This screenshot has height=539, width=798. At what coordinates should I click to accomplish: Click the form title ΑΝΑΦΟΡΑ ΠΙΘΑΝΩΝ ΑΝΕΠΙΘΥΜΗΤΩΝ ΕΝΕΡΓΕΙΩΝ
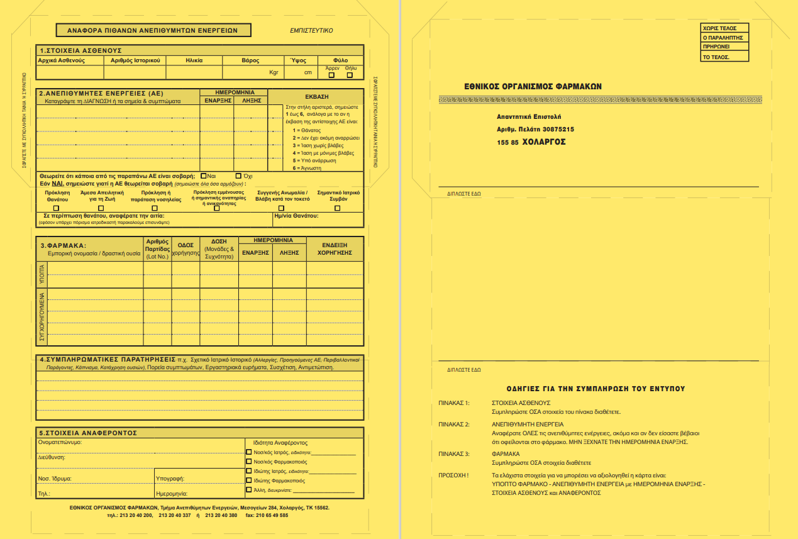pyautogui.click(x=153, y=30)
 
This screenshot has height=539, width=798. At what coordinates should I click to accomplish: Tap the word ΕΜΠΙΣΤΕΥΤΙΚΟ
pyautogui.click(x=311, y=30)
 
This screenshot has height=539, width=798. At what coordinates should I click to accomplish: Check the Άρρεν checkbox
pyautogui.click(x=331, y=75)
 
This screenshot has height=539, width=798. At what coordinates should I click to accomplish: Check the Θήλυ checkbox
pyautogui.click(x=350, y=75)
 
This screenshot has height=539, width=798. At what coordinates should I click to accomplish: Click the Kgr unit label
pyautogui.click(x=274, y=72)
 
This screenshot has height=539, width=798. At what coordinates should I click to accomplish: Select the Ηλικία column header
pyautogui.click(x=194, y=60)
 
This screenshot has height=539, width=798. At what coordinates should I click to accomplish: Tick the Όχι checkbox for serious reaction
pyautogui.click(x=238, y=176)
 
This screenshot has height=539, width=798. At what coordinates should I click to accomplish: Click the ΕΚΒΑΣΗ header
pyautogui.click(x=316, y=97)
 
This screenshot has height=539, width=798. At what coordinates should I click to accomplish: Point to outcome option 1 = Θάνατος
pyautogui.click(x=310, y=129)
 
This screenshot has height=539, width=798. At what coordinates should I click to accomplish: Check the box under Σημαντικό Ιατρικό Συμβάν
pyautogui.click(x=337, y=208)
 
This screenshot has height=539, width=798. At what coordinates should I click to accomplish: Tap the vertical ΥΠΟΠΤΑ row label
pyautogui.click(x=42, y=274)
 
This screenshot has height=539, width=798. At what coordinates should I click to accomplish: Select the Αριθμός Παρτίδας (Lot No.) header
pyautogui.click(x=157, y=249)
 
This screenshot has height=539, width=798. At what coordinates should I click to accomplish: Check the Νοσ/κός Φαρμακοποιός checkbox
pyautogui.click(x=249, y=462)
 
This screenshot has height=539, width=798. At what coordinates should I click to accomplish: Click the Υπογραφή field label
pyautogui.click(x=169, y=478)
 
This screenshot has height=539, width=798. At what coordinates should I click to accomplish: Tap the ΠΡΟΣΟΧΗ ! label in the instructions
pyautogui.click(x=453, y=475)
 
